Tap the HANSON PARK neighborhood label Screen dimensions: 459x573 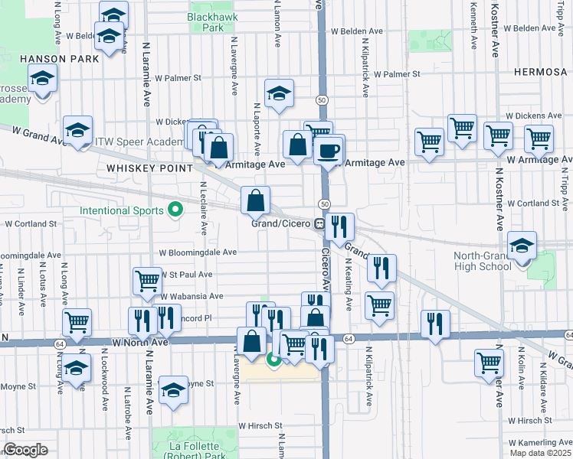48,57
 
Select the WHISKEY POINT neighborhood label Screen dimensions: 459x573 139,168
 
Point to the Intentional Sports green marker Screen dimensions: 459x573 175,209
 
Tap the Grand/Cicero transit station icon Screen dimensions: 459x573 319,223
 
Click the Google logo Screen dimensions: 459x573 25,450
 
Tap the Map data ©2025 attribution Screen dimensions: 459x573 541,453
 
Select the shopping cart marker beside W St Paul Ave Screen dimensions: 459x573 147,280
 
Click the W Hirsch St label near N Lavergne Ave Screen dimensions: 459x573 260,425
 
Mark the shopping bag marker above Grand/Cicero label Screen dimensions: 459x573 256,200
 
